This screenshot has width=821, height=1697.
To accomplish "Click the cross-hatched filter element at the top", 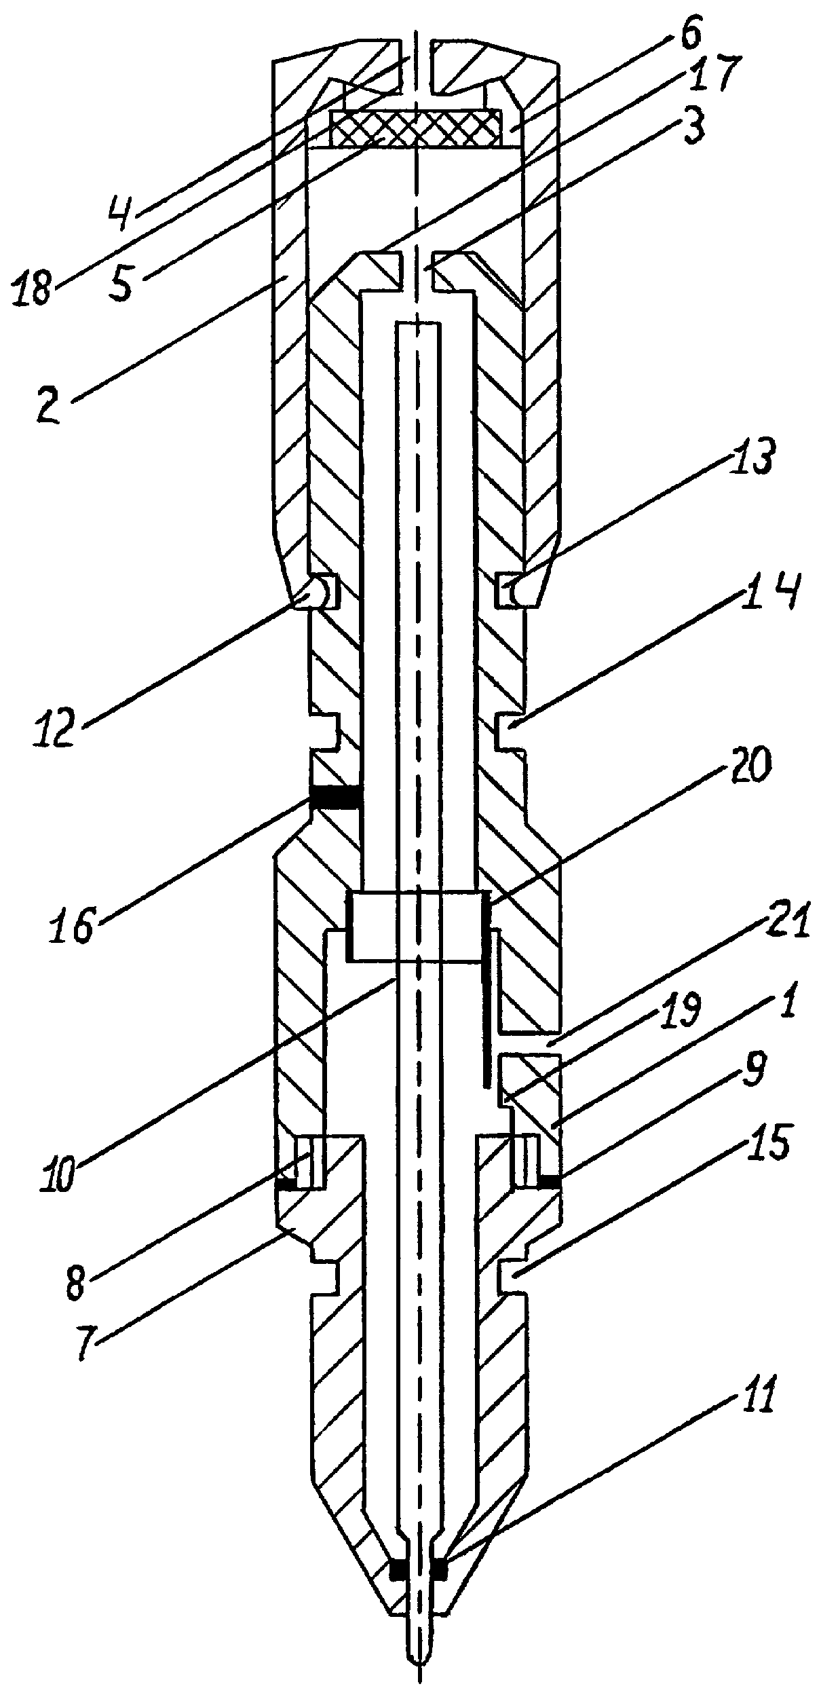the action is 415,128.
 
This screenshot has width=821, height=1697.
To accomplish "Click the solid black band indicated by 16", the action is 334,797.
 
